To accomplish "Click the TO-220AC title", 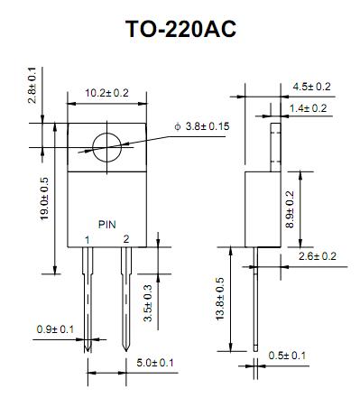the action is coord(180,29).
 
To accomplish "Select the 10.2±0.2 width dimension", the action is coord(106,93).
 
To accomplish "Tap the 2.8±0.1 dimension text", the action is coord(32,85).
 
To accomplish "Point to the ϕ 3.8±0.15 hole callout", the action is coord(202,126).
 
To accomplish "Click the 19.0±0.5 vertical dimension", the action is coord(44,199).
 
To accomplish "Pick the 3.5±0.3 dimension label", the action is coord(148,303).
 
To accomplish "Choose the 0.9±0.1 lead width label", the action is coord(55,329).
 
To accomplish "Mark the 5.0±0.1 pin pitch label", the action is coord(155,363).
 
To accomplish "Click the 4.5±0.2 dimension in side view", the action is coord(312,87).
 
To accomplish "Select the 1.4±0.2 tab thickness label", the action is coord(308,108).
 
